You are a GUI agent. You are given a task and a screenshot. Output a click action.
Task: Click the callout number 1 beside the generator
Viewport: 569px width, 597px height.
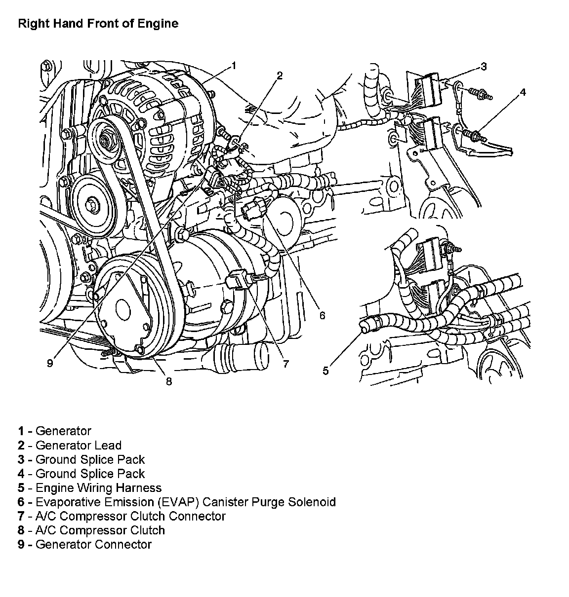234,66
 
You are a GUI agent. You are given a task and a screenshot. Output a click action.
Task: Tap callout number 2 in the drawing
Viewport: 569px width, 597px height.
279,75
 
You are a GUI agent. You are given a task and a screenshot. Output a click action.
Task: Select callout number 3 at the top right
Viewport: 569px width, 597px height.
484,66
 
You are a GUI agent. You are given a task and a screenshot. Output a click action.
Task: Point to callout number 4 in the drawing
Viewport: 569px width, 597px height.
523,92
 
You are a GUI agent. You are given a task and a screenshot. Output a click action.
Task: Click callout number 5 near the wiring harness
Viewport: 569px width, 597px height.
325,371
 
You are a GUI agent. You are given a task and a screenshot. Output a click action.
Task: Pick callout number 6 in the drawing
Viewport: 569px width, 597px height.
322,315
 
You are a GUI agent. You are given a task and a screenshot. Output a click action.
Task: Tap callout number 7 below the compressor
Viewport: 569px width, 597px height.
286,364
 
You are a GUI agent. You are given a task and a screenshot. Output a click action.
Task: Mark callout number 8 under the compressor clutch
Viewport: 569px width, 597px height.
169,381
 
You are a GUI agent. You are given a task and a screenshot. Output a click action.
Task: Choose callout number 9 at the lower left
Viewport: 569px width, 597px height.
50,364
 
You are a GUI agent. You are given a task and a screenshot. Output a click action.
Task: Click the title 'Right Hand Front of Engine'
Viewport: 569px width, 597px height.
98,23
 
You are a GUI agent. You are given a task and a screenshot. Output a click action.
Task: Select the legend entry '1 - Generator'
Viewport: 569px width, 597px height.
55,431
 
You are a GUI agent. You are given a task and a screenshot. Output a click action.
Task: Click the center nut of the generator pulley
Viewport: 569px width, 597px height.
105,141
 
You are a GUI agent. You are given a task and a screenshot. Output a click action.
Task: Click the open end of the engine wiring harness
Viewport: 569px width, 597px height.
364,326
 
